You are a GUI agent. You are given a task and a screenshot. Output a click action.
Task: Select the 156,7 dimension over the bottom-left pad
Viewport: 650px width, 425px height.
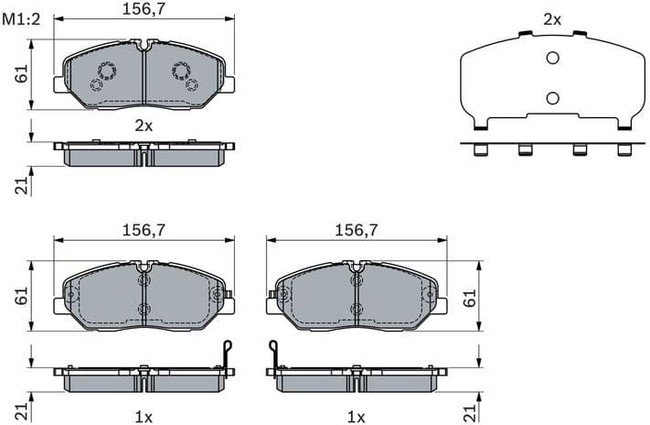coord(143,232)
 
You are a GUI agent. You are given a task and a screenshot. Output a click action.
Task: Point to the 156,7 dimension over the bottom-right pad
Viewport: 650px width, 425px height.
coord(357,232)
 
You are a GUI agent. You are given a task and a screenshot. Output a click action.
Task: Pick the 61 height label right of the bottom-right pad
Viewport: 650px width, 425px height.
coord(470,297)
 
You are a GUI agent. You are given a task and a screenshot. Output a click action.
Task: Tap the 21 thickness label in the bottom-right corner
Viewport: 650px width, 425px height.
coord(470,409)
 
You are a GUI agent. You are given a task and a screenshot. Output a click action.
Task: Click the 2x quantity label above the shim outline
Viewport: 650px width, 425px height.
coord(551,18)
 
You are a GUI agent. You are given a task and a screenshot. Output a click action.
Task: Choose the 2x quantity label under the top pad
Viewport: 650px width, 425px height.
coord(144,125)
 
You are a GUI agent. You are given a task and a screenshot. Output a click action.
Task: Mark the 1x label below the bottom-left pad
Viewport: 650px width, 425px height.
coord(144,417)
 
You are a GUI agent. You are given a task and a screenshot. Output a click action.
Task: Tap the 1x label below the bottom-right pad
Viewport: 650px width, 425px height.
coord(357,417)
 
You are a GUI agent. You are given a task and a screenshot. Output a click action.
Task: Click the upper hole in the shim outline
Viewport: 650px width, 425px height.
coord(551,59)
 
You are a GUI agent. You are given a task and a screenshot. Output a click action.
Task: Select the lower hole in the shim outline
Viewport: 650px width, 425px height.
coord(551,98)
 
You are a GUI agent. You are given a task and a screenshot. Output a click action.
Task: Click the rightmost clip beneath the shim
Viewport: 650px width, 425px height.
coord(625,149)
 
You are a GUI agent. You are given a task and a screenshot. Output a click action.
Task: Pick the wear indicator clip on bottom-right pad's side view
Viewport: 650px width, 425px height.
coord(272,353)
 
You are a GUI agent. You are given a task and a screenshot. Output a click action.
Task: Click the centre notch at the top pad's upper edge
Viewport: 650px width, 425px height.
coord(144,43)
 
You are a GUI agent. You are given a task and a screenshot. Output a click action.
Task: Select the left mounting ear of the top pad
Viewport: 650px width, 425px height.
coord(59,84)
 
